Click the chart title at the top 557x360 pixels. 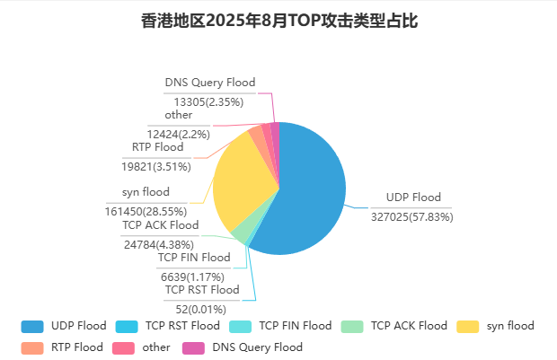(278, 21)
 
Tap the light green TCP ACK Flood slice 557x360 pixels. (242, 231)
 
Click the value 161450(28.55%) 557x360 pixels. (146, 211)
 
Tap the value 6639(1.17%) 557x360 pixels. (185, 277)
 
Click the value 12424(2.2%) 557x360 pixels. (179, 134)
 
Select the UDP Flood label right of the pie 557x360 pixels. (413, 198)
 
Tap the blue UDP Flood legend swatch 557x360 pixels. (32, 326)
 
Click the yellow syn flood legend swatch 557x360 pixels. (468, 326)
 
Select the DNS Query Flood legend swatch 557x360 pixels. (193, 347)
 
